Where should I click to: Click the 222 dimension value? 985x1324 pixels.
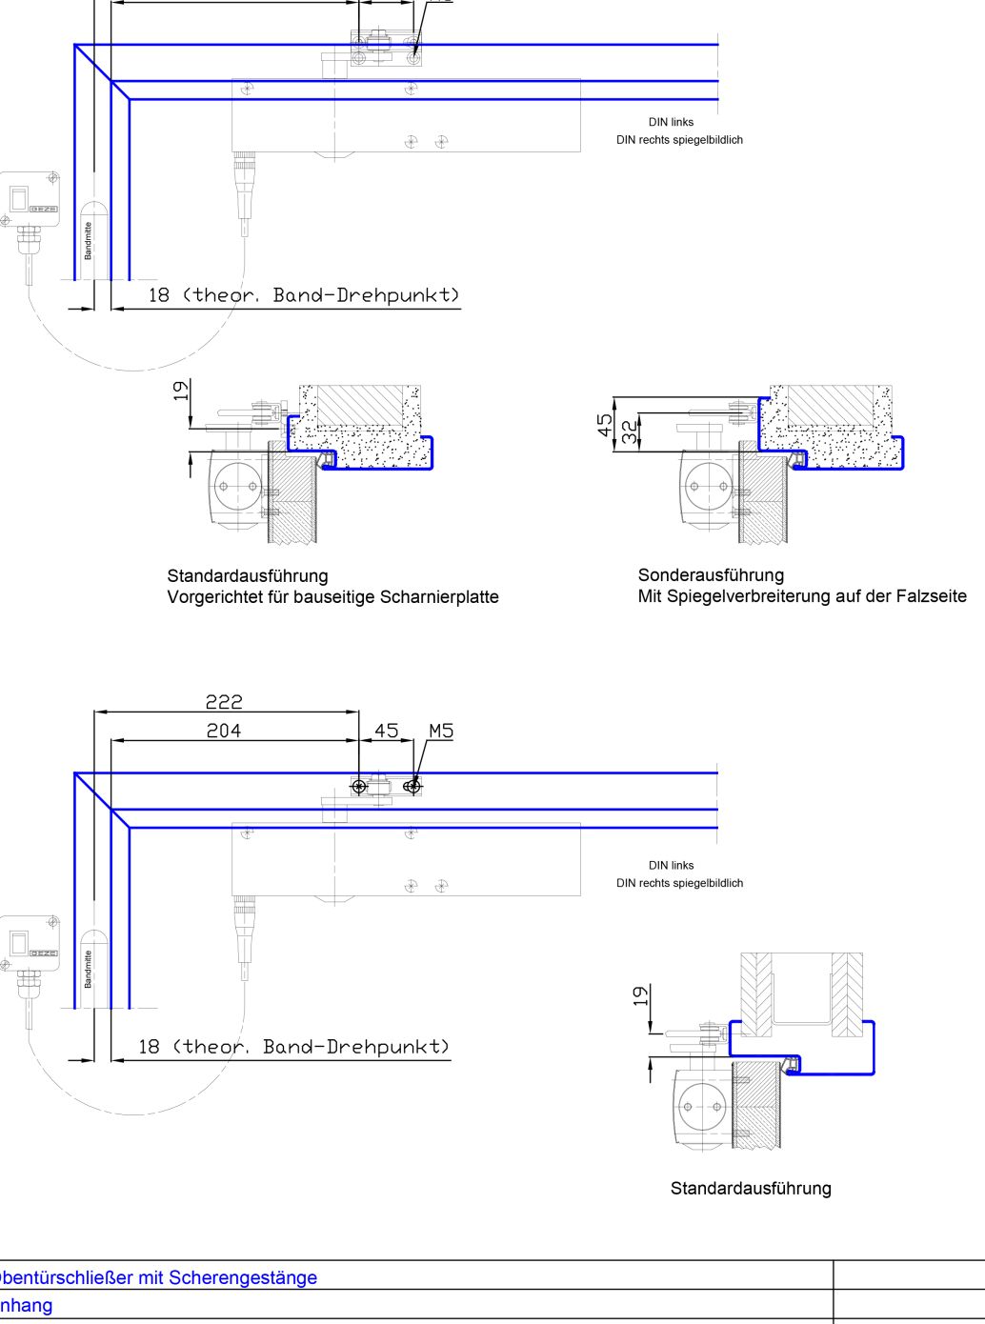(224, 702)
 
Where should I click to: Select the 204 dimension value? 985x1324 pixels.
(224, 731)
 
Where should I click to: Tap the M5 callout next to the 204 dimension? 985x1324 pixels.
(441, 731)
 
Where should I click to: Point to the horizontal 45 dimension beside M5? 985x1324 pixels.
(386, 731)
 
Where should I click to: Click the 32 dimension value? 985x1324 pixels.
(630, 431)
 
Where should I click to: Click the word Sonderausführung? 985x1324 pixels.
(711, 575)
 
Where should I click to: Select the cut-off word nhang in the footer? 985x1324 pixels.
(27, 1305)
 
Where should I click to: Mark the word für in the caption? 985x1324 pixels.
(275, 597)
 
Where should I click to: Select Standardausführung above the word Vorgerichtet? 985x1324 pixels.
(248, 576)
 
